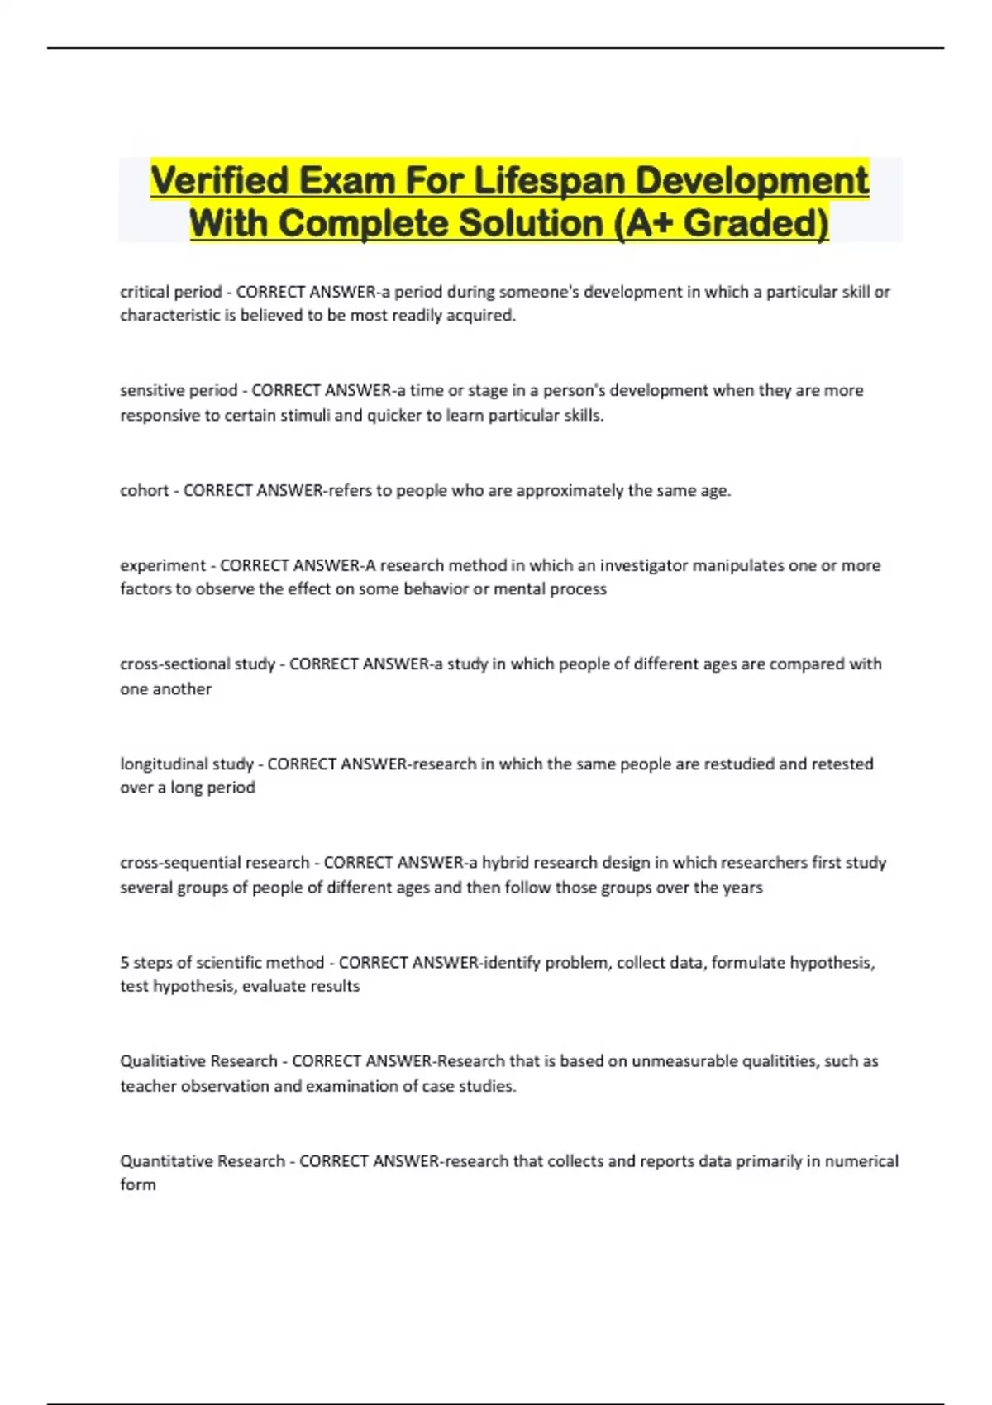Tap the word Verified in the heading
click(x=219, y=181)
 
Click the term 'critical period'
click(x=170, y=292)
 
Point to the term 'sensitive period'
click(x=178, y=390)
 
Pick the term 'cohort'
click(x=144, y=490)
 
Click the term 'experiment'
click(x=162, y=565)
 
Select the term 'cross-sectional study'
click(x=197, y=664)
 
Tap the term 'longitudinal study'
click(x=186, y=764)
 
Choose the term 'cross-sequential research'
click(x=214, y=862)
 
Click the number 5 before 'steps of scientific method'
click(x=124, y=962)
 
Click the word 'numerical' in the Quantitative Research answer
click(x=863, y=1160)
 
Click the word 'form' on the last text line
click(x=137, y=1184)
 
